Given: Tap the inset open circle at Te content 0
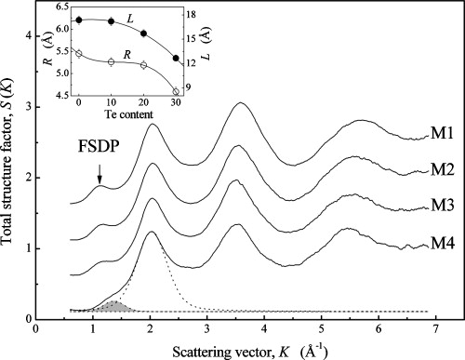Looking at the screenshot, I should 79,53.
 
